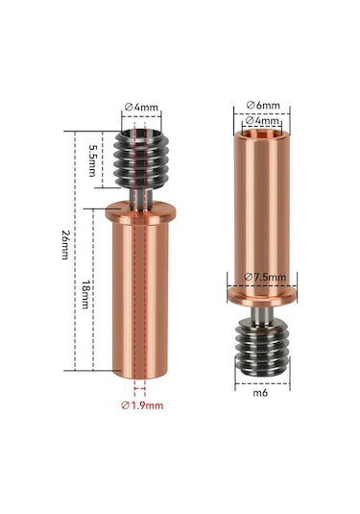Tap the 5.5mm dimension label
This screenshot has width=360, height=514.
[92, 156]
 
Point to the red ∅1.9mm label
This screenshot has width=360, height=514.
[142, 405]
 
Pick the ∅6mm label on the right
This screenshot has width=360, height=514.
[261, 104]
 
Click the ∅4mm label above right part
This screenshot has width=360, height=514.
[262, 121]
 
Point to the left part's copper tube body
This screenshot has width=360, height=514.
[141, 298]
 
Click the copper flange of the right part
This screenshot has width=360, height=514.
[262, 292]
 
